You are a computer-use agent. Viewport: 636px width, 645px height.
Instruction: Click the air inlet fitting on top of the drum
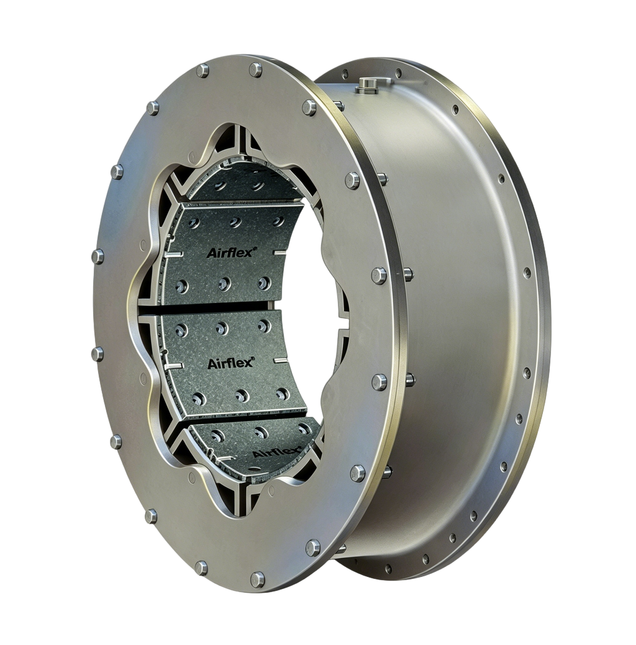coord(367,85)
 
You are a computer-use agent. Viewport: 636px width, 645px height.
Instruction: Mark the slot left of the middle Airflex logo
coord(174,367)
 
